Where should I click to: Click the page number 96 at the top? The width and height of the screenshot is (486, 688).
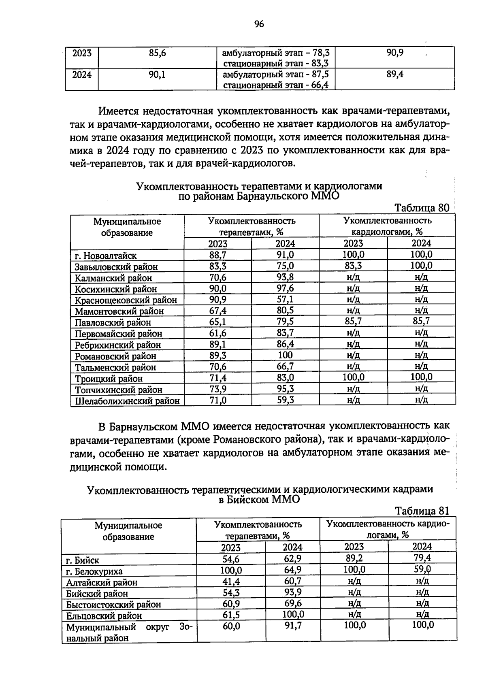point(259,24)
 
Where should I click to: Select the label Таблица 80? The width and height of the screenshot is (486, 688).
point(422,208)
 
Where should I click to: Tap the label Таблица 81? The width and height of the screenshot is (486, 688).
point(422,511)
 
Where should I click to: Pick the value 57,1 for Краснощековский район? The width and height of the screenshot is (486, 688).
point(285,300)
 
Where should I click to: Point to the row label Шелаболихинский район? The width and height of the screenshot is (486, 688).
point(127,401)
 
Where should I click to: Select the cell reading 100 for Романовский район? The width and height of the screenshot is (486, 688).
point(285,356)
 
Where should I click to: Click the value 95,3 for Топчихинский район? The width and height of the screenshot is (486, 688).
point(285,389)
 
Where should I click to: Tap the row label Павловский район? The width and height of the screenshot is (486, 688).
point(113,323)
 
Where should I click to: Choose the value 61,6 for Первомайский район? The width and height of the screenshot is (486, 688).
point(217,333)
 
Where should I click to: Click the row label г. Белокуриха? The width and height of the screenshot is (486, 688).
point(94,571)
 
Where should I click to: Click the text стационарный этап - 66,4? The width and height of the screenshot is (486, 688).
point(276,85)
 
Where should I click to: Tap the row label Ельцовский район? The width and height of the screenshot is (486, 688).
point(104,616)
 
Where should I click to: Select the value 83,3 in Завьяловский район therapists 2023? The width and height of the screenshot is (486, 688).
point(217,266)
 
